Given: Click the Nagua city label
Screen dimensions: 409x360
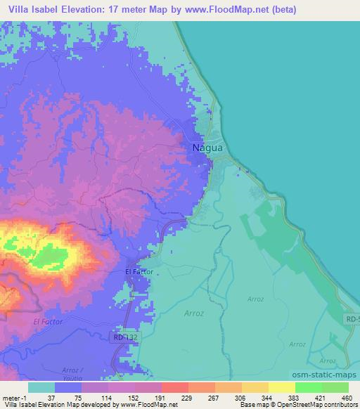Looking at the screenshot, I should pos(207,148).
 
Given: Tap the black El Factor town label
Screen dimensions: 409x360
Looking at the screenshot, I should pos(139,271).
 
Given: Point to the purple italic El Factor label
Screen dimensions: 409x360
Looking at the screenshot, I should pos(48,321).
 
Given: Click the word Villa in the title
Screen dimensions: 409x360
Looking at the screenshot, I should pos(21,10).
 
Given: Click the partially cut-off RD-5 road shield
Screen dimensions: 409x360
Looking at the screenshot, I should pos(352,318).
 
